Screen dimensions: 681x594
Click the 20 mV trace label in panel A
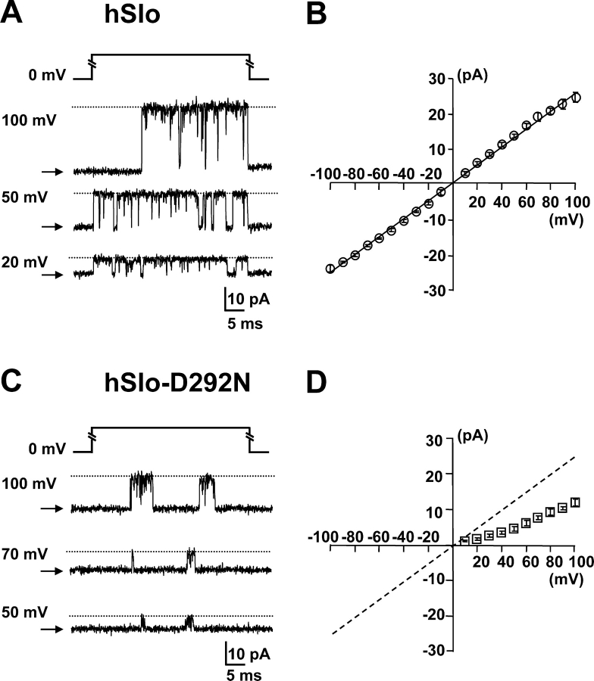pyautogui.click(x=26, y=262)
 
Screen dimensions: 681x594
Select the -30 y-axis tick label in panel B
pyautogui.click(x=434, y=290)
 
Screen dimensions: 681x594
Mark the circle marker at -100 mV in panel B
pyautogui.click(x=330, y=269)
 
